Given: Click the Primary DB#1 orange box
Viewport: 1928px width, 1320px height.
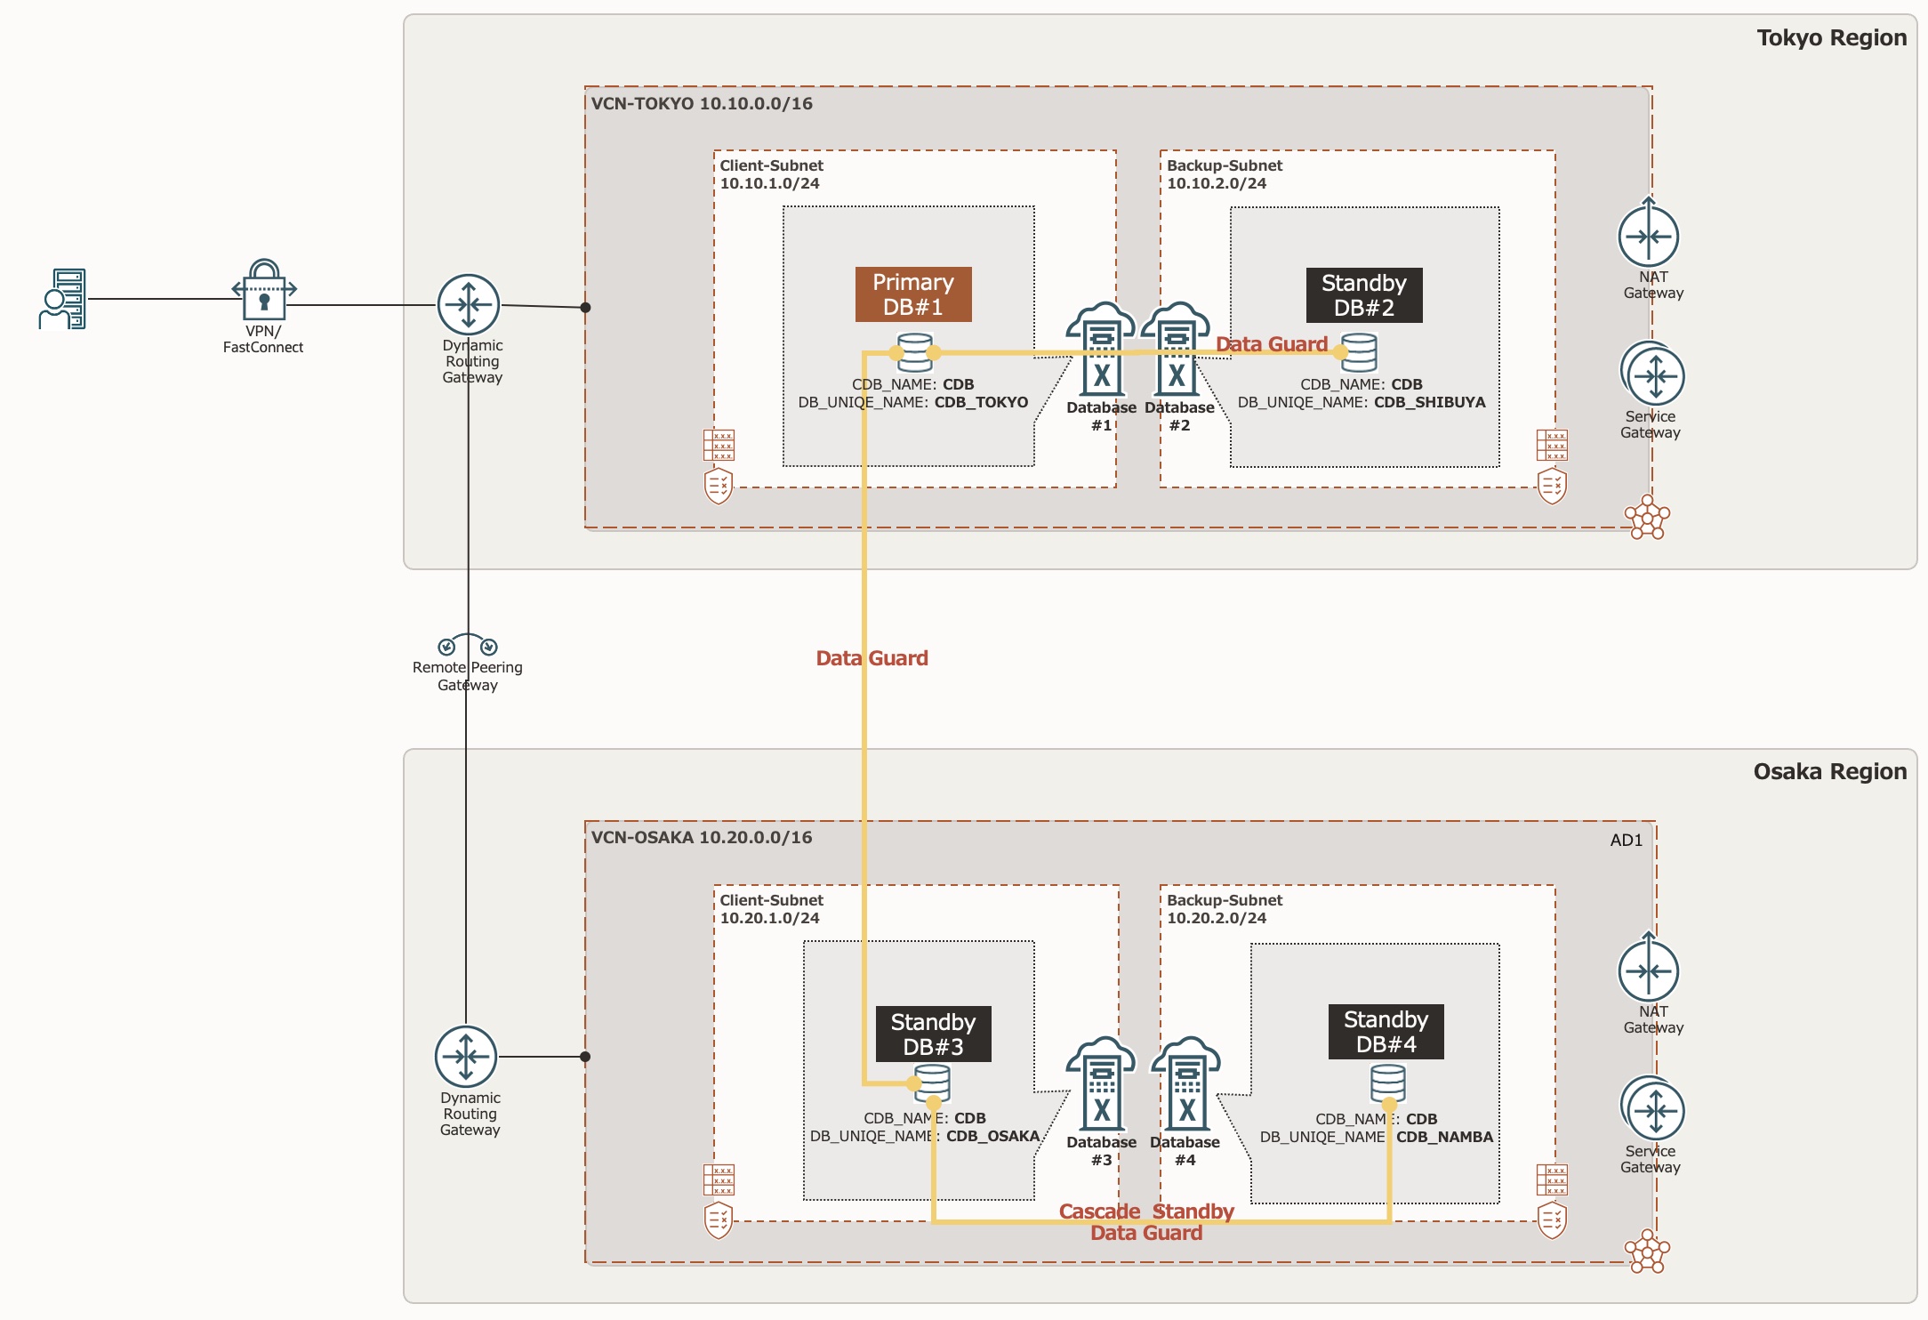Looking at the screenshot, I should tap(913, 294).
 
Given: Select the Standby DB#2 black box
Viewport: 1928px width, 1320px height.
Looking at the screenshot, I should tap(1363, 295).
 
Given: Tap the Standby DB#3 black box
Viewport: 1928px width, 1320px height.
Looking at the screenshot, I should tap(933, 1034).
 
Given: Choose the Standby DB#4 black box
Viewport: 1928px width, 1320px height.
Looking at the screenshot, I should tap(1386, 1032).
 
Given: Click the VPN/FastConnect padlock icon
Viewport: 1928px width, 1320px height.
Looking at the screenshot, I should tap(264, 291).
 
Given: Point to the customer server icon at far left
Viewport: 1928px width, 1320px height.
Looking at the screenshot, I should tap(63, 299).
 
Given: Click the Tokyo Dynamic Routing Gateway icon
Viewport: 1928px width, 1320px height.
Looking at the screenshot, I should tap(469, 305).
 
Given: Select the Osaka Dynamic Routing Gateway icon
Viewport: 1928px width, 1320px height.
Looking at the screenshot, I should tap(466, 1057).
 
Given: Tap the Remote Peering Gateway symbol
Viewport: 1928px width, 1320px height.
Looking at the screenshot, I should tap(468, 645).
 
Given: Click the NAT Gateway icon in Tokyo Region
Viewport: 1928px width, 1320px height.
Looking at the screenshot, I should tap(1648, 236).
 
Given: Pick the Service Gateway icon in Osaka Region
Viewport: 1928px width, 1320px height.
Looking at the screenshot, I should tap(1653, 1109).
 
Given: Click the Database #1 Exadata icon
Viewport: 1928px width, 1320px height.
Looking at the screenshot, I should tap(1101, 350).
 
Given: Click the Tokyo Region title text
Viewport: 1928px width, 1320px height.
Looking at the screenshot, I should tap(1831, 38).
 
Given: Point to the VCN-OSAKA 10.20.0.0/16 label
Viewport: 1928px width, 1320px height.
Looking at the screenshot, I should tap(702, 837).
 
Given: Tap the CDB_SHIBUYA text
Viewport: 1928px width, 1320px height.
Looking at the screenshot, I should tap(1429, 402).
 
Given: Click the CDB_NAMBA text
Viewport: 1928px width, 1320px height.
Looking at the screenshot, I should tap(1444, 1137).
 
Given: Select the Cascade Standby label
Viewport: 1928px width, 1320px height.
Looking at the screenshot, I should tap(1146, 1211).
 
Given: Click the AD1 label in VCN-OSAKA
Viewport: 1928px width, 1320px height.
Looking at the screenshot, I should tap(1626, 840).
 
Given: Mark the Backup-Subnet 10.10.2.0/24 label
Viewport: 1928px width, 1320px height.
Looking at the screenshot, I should tap(1224, 174).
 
